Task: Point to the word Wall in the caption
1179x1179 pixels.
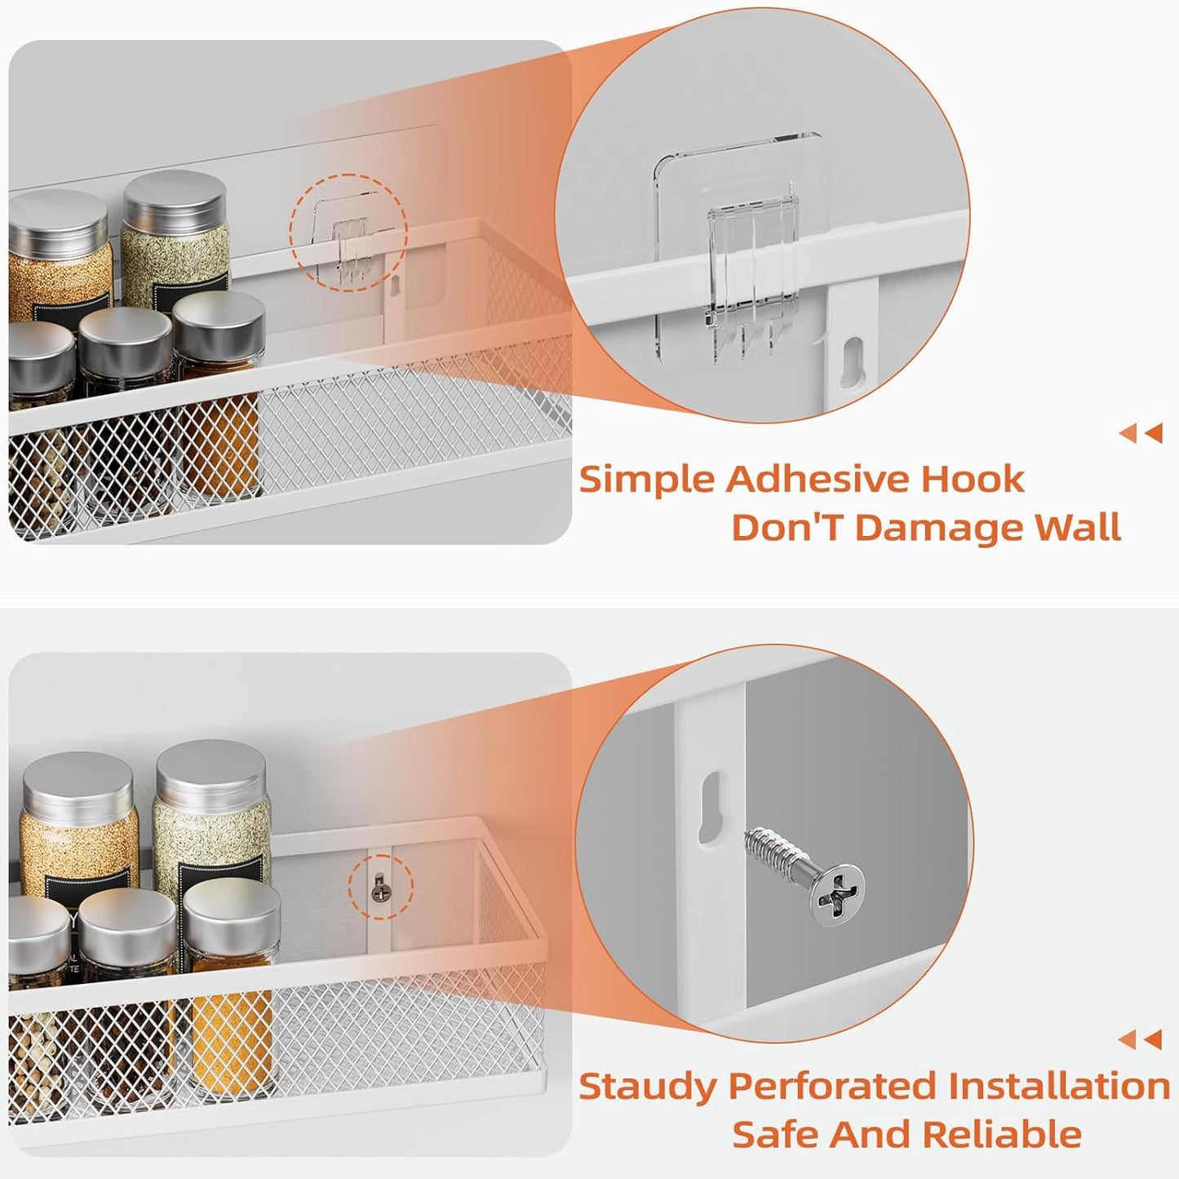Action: tap(1078, 528)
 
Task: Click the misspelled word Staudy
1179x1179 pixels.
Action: tap(647, 1088)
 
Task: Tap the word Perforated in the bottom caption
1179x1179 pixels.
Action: tap(832, 1087)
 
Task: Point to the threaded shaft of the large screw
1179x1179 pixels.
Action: tap(775, 849)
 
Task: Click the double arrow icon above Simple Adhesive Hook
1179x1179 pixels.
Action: tap(1141, 433)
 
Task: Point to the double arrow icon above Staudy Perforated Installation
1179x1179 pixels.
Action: tap(1141, 1039)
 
